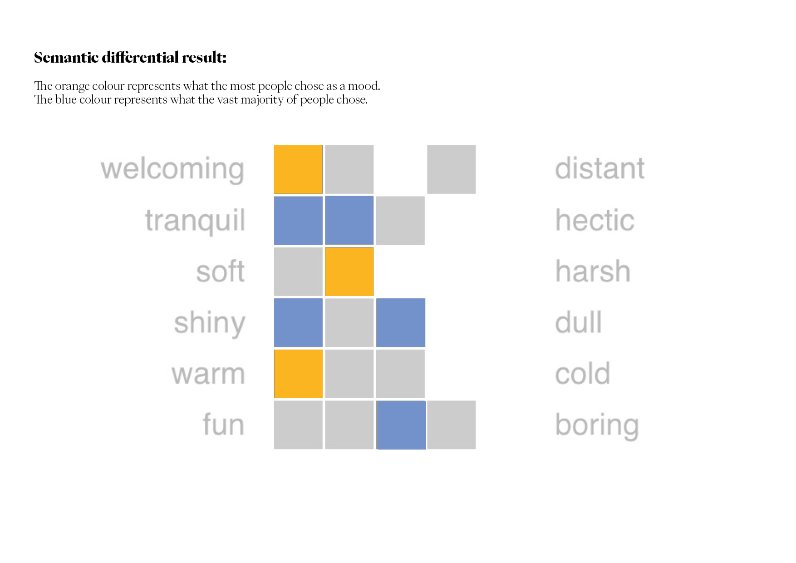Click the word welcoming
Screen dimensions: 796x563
[172, 170]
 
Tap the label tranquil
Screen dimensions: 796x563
[195, 221]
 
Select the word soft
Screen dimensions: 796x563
[221, 271]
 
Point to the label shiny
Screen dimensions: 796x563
[210, 323]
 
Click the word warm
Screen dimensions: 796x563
[208, 374]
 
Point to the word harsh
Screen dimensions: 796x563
[593, 271]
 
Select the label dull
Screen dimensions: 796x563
[579, 322]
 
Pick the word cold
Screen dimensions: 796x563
[583, 373]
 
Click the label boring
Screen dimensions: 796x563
[597, 425]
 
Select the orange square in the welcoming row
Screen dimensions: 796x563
[298, 169]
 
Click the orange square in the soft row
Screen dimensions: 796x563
[349, 272]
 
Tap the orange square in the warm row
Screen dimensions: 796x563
[298, 374]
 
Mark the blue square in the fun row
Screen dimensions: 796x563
[401, 425]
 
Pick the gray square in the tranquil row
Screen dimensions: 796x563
[400, 221]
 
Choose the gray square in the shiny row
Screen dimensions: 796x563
[349, 323]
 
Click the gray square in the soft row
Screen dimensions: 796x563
[298, 272]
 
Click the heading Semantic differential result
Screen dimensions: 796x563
[130, 57]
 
